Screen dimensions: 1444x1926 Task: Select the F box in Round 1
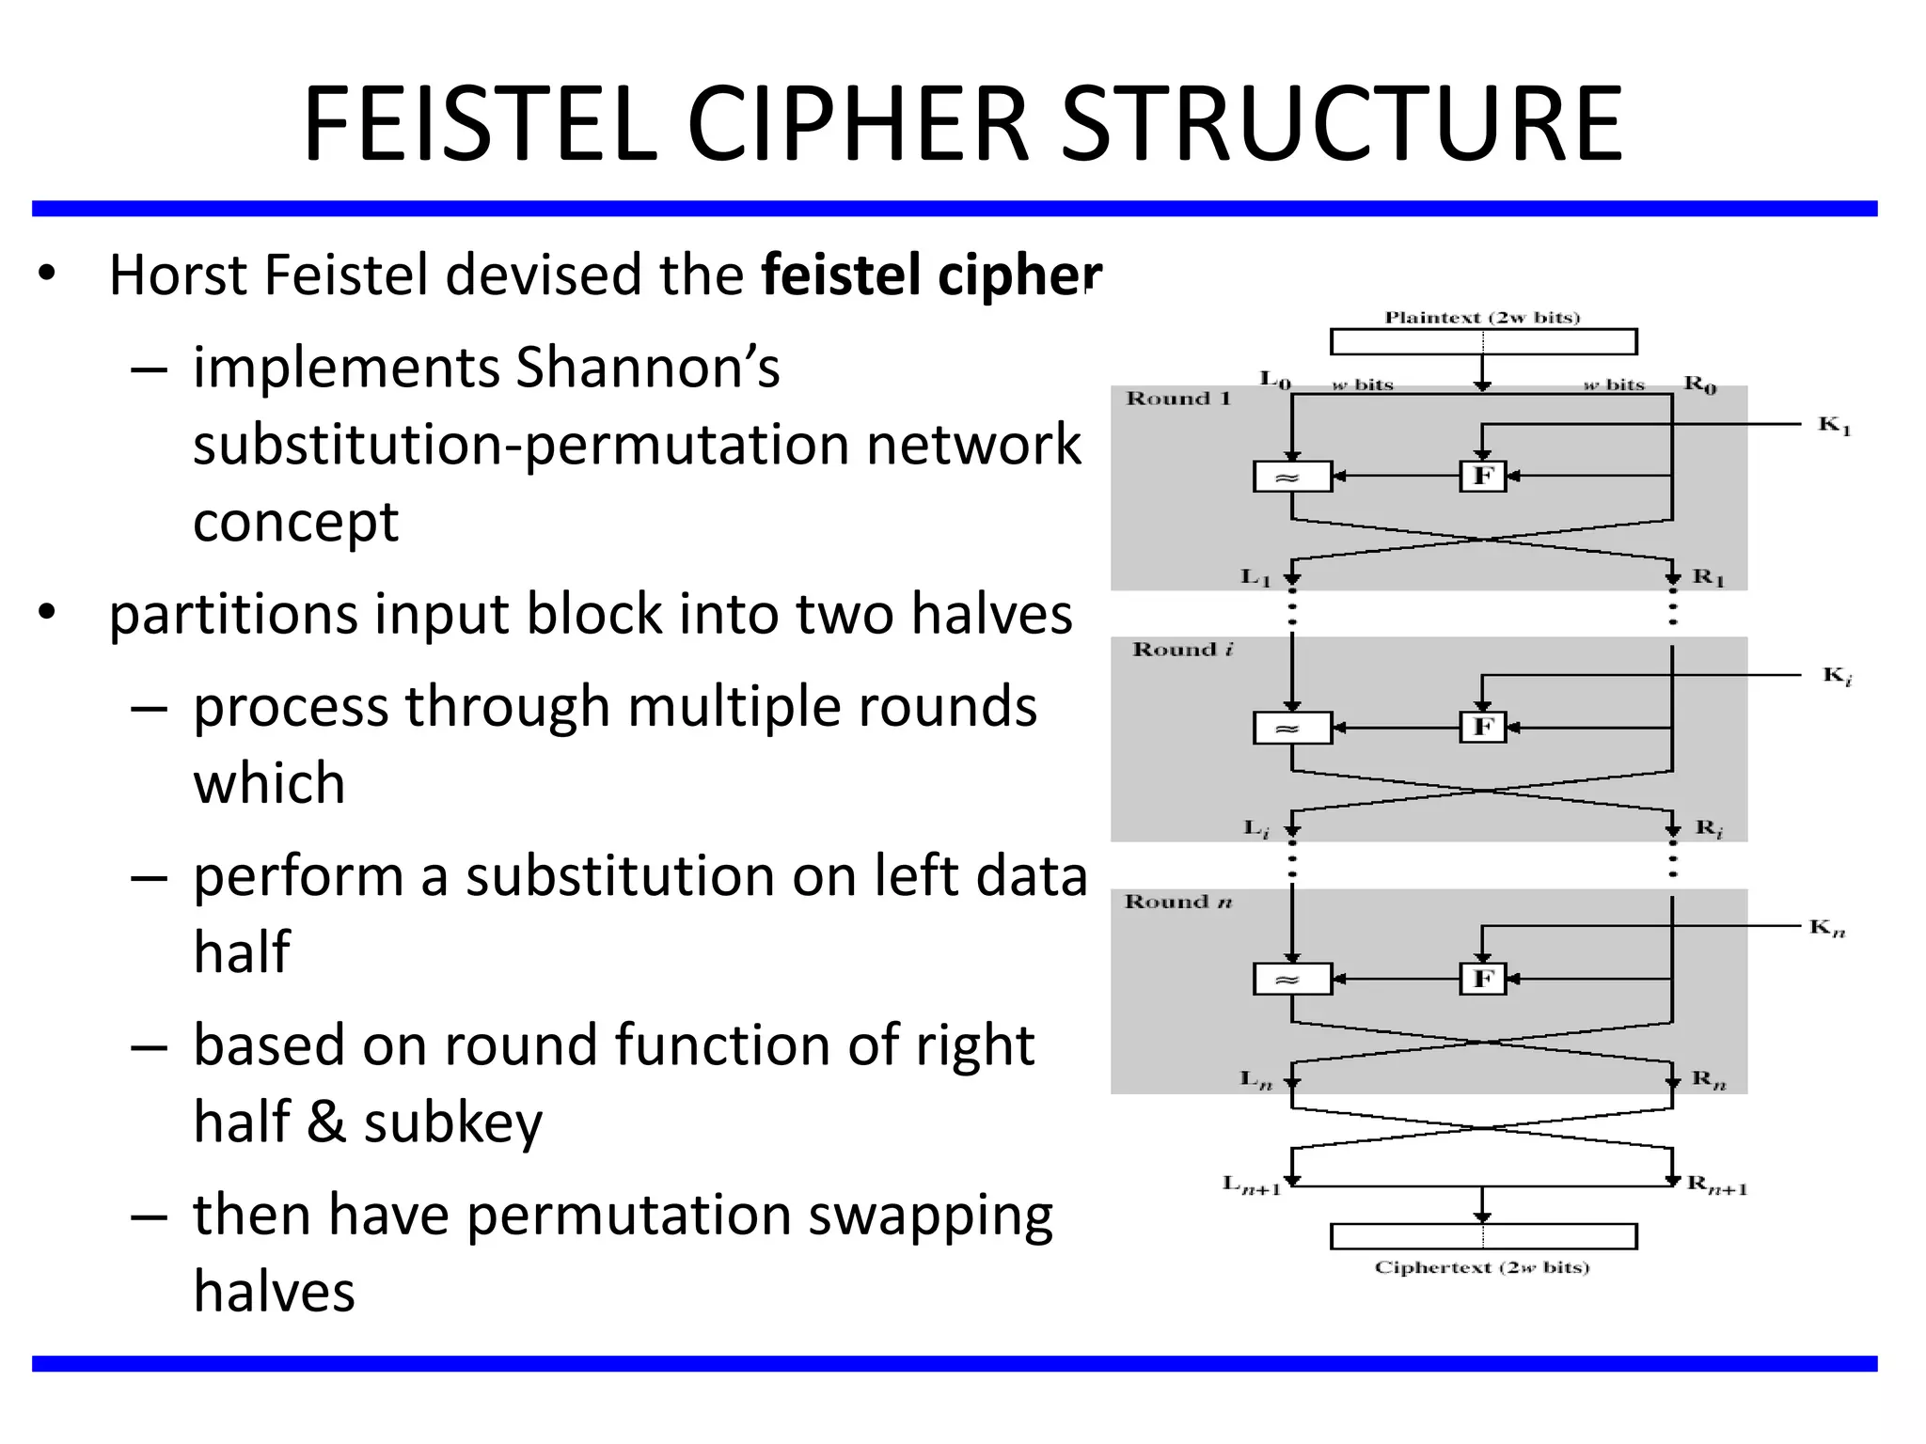pyautogui.click(x=1483, y=476)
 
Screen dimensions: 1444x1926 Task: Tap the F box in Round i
pyautogui.click(x=1483, y=727)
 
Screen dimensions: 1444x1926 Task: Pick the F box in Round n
pyautogui.click(x=1483, y=979)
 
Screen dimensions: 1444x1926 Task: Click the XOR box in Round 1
pyautogui.click(x=1292, y=477)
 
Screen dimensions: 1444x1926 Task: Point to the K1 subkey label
pyautogui.click(x=1834, y=426)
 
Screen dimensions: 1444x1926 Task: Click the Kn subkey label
pyautogui.click(x=1827, y=929)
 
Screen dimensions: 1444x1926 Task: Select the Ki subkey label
pyautogui.click(x=1837, y=676)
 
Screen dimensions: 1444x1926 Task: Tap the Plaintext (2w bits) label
pyautogui.click(x=1482, y=318)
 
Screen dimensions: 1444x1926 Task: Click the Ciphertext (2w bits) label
pyautogui.click(x=1482, y=1267)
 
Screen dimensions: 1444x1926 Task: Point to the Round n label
pyautogui.click(x=1177, y=902)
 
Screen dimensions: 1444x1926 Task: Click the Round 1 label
pyautogui.click(x=1178, y=399)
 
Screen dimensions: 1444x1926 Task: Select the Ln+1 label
pyautogui.click(x=1252, y=1185)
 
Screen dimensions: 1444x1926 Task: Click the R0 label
pyautogui.click(x=1699, y=384)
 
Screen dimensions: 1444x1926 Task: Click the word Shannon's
pyautogui.click(x=648, y=368)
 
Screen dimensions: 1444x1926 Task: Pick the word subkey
pyautogui.click(x=453, y=1122)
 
